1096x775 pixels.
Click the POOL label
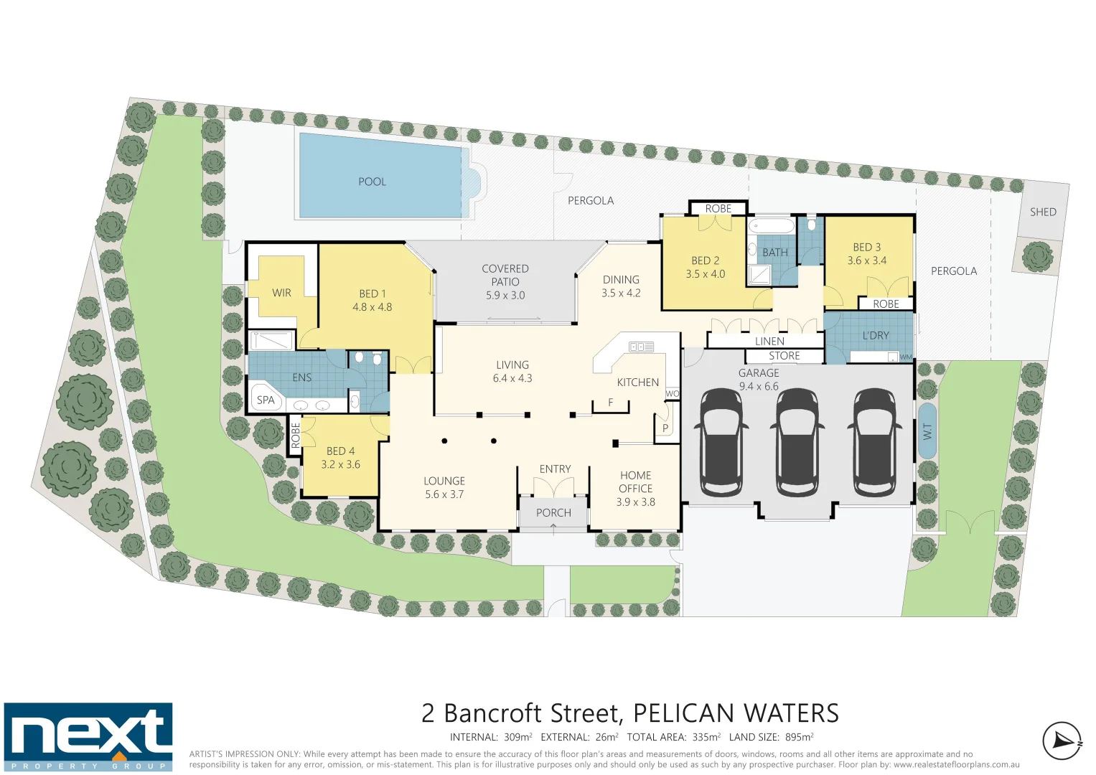[372, 182]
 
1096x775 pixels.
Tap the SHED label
[1042, 212]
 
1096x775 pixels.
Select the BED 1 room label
[372, 293]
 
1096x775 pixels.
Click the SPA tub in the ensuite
[266, 400]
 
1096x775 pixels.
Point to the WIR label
[281, 293]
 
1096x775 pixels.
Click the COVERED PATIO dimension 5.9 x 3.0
[505, 295]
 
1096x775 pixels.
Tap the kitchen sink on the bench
[641, 347]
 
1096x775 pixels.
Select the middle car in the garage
[797, 443]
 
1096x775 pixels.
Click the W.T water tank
[927, 431]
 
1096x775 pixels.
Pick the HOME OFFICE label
[635, 482]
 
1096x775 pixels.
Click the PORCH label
[553, 512]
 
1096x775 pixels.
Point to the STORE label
[784, 356]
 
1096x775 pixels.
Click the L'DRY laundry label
[875, 335]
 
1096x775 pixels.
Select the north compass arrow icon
[1062, 741]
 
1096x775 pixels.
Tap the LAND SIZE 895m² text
[771, 737]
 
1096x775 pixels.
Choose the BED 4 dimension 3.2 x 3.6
[340, 464]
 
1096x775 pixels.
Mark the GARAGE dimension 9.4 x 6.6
[758, 386]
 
